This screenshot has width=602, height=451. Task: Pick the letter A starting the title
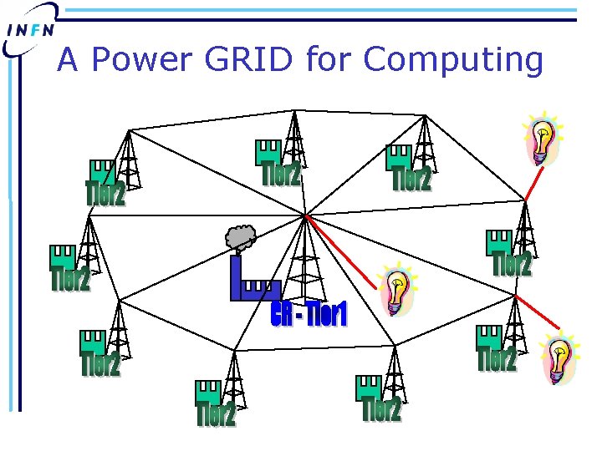(69, 60)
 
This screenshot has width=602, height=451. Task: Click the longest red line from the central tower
(339, 250)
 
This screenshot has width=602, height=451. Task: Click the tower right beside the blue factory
(303, 259)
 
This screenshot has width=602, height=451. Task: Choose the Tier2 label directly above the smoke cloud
(280, 174)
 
